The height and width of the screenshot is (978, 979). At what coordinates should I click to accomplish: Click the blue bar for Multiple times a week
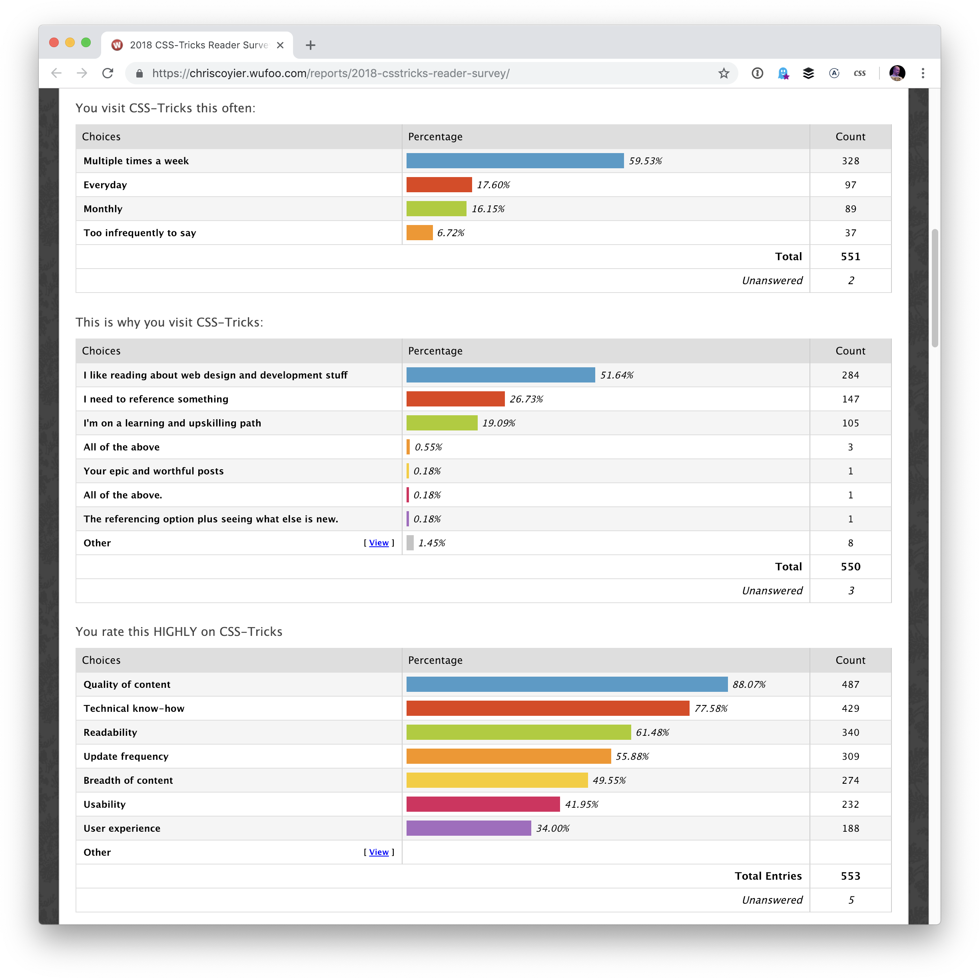click(x=515, y=161)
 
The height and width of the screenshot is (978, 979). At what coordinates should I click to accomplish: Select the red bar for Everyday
click(x=439, y=185)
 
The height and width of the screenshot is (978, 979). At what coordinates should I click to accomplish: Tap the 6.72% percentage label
click(x=451, y=233)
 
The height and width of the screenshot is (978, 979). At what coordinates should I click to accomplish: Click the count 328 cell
click(x=850, y=161)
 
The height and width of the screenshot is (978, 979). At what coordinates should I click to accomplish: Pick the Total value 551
click(x=850, y=257)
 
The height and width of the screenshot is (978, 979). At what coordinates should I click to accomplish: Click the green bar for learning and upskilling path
click(x=441, y=422)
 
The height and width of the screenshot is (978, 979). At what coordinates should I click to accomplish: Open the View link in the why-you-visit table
click(x=379, y=543)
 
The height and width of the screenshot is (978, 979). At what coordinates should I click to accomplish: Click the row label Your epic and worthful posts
click(x=154, y=471)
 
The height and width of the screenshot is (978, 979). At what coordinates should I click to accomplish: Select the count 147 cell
click(x=850, y=399)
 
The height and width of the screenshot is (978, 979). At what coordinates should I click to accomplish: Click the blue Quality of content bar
click(x=566, y=684)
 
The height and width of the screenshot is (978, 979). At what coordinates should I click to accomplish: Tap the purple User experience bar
click(x=468, y=828)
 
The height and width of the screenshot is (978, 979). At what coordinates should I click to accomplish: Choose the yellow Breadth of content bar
click(x=496, y=780)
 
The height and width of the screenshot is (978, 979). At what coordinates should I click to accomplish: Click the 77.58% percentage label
click(x=710, y=708)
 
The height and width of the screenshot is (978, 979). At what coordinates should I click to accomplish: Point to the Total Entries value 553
click(x=850, y=876)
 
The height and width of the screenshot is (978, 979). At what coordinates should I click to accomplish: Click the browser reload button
click(x=108, y=73)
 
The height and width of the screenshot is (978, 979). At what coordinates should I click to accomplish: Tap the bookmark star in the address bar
click(x=723, y=73)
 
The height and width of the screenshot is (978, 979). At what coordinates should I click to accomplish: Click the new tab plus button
click(x=311, y=45)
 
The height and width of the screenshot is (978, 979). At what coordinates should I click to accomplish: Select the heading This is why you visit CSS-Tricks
click(x=169, y=322)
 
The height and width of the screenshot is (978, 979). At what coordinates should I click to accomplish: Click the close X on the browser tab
click(x=280, y=45)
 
